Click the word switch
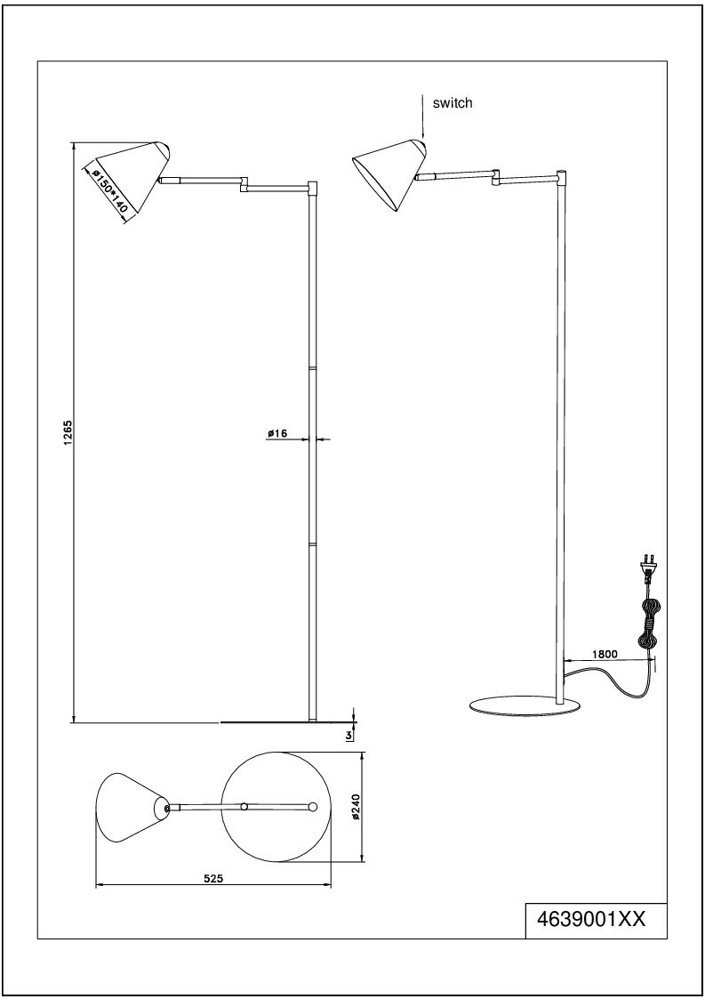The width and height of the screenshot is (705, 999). [453, 102]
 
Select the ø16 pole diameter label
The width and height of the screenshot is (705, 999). [277, 433]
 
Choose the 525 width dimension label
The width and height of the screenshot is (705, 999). [212, 879]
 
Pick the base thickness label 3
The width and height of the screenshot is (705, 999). [348, 735]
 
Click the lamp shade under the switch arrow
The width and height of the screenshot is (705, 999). [389, 172]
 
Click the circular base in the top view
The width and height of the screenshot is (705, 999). [277, 807]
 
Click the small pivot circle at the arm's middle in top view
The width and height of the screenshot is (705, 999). [244, 807]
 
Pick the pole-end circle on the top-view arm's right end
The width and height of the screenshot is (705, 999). [312, 807]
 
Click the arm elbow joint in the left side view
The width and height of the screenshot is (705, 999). [244, 183]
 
